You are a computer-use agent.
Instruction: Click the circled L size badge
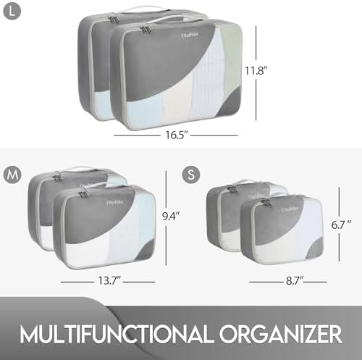(x=11, y=11)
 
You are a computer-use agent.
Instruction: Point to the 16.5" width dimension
(x=175, y=135)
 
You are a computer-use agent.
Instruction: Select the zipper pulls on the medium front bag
(x=83, y=194)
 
